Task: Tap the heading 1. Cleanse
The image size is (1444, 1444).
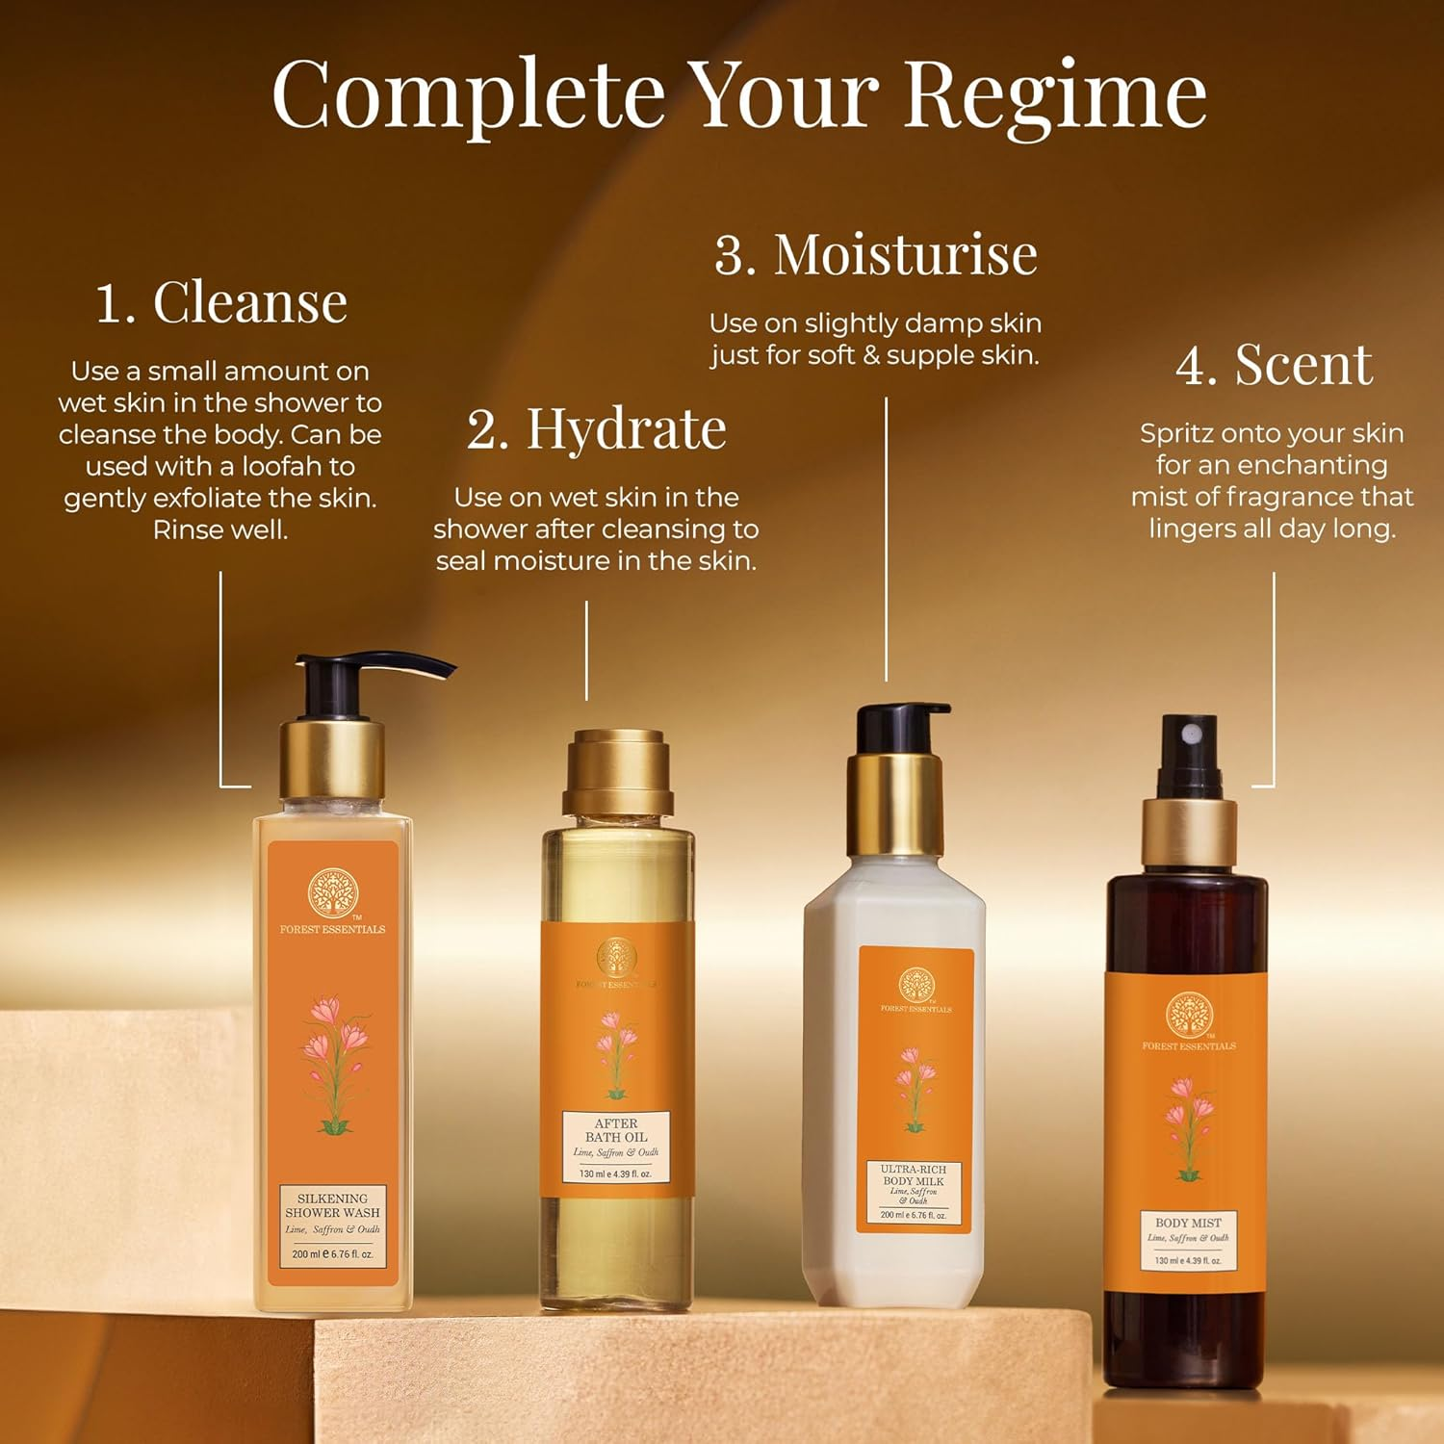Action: click(221, 302)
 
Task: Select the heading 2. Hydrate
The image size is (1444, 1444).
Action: click(596, 428)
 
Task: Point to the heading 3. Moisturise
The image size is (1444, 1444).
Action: click(875, 255)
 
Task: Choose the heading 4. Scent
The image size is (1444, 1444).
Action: click(1274, 365)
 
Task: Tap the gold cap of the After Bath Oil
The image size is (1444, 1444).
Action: click(616, 773)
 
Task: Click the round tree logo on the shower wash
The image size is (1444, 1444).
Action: click(332, 892)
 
